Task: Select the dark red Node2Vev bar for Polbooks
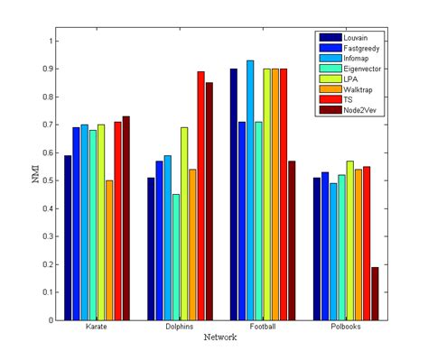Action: [375, 293]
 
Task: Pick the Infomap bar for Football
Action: [250, 190]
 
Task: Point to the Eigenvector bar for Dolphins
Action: [175, 257]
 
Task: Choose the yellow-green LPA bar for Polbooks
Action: [349, 240]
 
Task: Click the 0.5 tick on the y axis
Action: [47, 180]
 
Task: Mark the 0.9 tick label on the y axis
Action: [47, 69]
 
